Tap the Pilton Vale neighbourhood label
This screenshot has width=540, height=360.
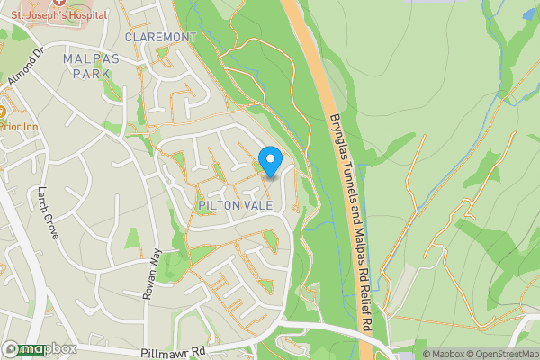pyautogui.click(x=234, y=206)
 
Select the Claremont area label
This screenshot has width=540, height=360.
pyautogui.click(x=160, y=37)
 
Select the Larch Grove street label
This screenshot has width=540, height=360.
pyautogui.click(x=48, y=212)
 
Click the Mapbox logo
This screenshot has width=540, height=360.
pyautogui.click(x=40, y=348)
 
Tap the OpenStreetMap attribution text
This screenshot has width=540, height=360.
pyautogui.click(x=505, y=354)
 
